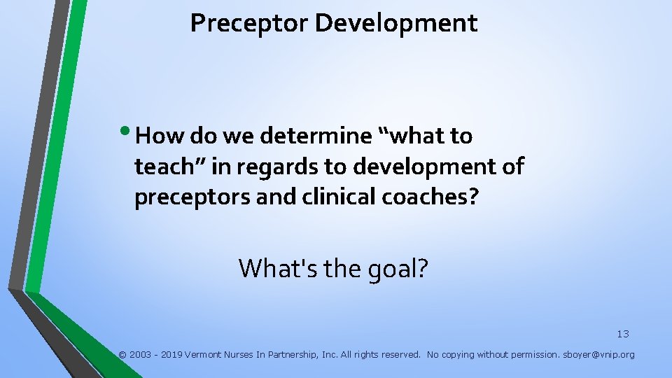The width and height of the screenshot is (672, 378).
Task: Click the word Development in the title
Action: (x=395, y=23)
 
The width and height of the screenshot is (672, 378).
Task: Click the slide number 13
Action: (x=622, y=334)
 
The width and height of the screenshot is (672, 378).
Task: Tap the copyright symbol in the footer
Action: (x=122, y=355)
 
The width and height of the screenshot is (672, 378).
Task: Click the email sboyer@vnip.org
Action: (x=598, y=355)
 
